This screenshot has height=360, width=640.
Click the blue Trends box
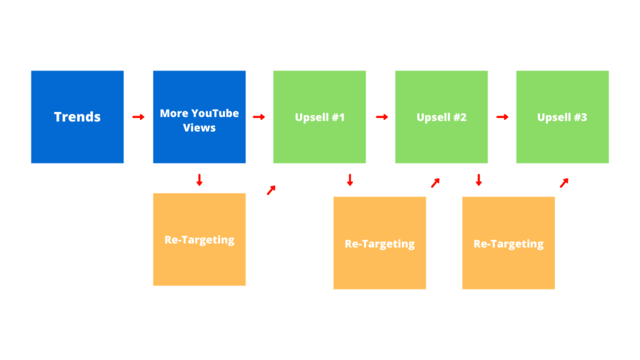pos(77,117)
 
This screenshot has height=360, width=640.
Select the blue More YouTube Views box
pos(199,117)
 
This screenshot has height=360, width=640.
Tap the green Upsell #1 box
pos(319,117)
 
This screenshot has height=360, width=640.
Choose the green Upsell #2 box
pos(441,117)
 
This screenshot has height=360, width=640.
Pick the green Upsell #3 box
pos(562,117)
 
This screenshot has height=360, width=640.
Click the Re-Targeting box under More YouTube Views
pos(199,239)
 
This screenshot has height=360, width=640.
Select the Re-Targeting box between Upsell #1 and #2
pos(379,243)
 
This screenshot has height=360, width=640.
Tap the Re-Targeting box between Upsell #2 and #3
pos(509,243)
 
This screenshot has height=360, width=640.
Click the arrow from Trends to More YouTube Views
pos(138,117)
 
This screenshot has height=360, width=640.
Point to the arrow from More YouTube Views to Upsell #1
pos(259,117)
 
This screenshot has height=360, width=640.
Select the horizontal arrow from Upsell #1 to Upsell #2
pos(382,117)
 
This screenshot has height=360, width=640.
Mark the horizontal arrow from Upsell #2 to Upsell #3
pos(502,117)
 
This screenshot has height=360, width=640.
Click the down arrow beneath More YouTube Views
pos(199,180)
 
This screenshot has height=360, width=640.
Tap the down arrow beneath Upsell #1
pos(350,180)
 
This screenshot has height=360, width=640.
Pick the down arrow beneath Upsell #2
pos(479,180)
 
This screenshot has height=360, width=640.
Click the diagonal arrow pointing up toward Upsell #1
pos(271,190)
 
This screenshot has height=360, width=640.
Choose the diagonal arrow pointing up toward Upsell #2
pos(436,183)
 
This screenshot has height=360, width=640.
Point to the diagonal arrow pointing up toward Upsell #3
pos(564,183)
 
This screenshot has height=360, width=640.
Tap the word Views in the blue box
pos(199,127)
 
